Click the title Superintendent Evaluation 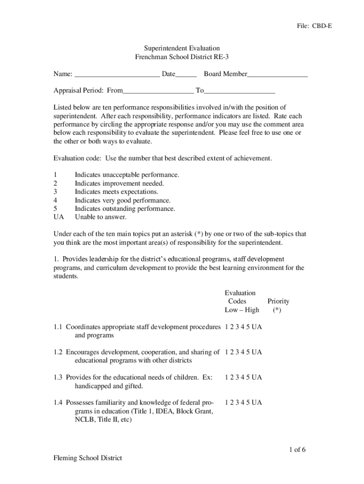pos(182,48)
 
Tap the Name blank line pos(117,74)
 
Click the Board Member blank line pos(277,74)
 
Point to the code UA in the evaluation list pos(59,217)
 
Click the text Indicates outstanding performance pos(125,209)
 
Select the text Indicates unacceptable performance pos(127,175)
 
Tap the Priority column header pos(278,301)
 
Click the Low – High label pos(242,310)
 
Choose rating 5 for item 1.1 pos(249,327)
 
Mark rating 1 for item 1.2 pos(227,352)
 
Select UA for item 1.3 pos(257,378)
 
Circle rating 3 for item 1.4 pos(238,403)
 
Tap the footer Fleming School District pos(87,458)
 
